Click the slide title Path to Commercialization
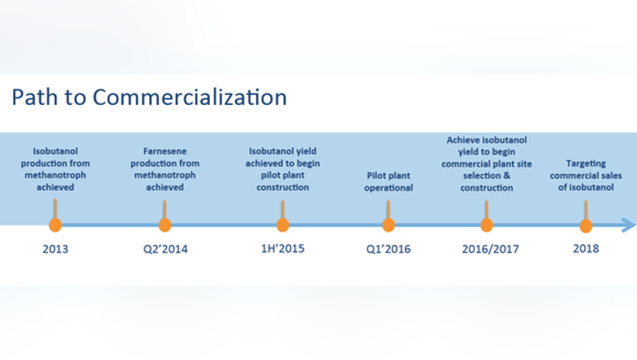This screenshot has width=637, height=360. [149, 97]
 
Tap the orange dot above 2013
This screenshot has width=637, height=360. [55, 225]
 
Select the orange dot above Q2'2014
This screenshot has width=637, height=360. [164, 225]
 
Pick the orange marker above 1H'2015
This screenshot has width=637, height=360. [283, 225]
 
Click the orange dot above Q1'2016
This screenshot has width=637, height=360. [389, 225]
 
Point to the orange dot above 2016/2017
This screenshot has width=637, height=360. [486, 225]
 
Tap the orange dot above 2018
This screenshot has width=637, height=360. [585, 226]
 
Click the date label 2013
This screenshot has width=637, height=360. [55, 249]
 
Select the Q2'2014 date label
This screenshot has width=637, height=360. [165, 249]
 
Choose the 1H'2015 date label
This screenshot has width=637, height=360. [283, 248]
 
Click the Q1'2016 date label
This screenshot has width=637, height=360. [389, 249]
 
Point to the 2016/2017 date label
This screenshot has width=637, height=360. [490, 249]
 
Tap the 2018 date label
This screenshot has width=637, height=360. [586, 248]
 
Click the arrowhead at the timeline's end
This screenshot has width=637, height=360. [629, 225]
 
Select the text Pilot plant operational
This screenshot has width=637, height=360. [389, 182]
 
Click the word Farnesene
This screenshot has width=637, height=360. [164, 151]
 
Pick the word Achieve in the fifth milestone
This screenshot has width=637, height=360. [463, 140]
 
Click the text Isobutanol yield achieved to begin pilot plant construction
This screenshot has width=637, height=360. [283, 169]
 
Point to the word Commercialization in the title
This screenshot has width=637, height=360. [190, 97]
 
